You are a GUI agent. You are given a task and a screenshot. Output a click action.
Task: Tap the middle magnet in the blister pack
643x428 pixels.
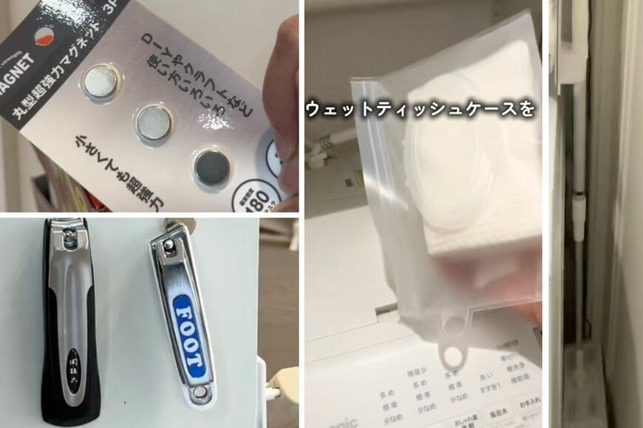[154, 122]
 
